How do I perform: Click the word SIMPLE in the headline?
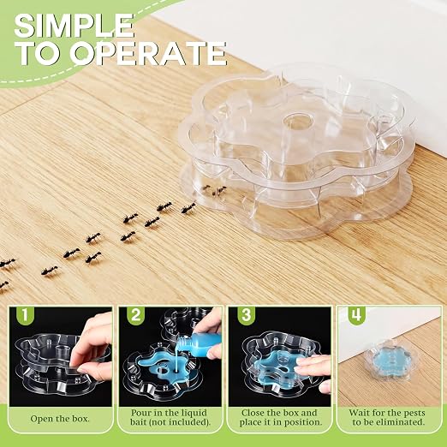coord(74,26)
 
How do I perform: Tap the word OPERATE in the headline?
coord(148,54)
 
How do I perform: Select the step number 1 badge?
coord(25,314)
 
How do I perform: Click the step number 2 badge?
coord(135,314)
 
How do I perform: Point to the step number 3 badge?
coord(246,314)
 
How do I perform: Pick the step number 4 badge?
coord(355,314)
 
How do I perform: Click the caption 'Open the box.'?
coord(60,419)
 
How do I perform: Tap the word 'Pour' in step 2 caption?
coord(140,413)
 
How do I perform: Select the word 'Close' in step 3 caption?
coord(253,413)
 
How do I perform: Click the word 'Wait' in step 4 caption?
coord(358,413)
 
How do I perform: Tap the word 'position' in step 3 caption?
coord(302,422)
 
